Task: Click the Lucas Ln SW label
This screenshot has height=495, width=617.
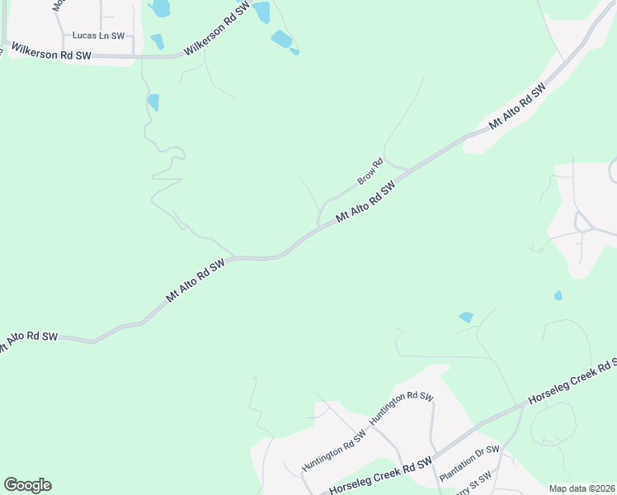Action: pyautogui.click(x=98, y=35)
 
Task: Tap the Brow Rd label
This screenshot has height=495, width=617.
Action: pyautogui.click(x=370, y=172)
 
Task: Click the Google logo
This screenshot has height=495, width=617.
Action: pyautogui.click(x=27, y=485)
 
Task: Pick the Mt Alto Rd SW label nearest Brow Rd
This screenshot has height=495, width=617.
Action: pyautogui.click(x=366, y=202)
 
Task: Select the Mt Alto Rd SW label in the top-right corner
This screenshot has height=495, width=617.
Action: pyautogui.click(x=518, y=105)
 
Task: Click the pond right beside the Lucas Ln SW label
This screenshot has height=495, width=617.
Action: pyautogui.click(x=157, y=41)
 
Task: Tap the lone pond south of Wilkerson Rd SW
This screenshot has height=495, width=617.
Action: pyautogui.click(x=153, y=102)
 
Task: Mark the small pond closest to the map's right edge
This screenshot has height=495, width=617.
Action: pyautogui.click(x=558, y=295)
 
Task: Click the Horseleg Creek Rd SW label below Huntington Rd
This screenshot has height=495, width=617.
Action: pyautogui.click(x=380, y=477)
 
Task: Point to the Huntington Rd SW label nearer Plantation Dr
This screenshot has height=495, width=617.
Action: pyautogui.click(x=401, y=408)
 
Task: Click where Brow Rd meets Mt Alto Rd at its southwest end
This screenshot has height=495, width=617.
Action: pyautogui.click(x=320, y=225)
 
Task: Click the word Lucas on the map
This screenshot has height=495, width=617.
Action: pyautogui.click(x=84, y=35)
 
